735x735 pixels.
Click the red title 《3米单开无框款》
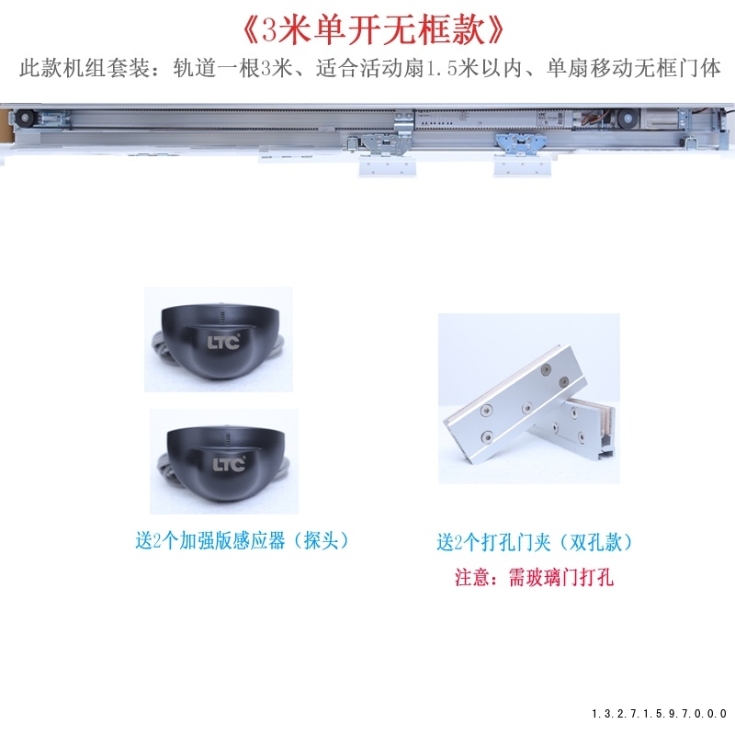373,31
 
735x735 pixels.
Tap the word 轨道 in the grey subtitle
195,68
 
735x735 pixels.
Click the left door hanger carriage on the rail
384,144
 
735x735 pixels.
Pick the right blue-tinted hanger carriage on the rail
521,143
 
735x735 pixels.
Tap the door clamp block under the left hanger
387,167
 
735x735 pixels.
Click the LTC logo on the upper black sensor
223,342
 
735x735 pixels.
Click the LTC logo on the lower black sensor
229,464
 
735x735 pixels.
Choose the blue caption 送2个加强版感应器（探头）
242,540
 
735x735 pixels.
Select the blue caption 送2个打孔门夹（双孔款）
535,542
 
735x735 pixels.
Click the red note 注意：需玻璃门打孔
534,577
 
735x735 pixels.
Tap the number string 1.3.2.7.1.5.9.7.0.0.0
659,714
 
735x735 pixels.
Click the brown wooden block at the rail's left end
6,126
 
